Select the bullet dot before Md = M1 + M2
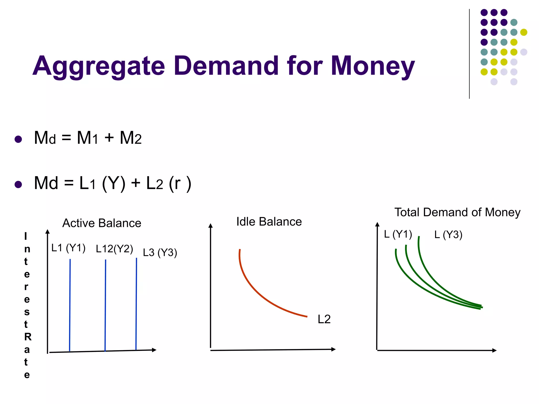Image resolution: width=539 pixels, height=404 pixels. (18, 139)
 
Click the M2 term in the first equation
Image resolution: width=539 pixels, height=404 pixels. (131, 138)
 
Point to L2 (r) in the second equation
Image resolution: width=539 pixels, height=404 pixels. (168, 183)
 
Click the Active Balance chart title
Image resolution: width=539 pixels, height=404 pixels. (102, 223)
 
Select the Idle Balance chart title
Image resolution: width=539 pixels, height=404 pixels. (269, 222)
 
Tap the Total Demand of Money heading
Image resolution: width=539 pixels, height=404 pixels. (457, 212)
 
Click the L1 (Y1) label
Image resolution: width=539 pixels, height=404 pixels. (68, 248)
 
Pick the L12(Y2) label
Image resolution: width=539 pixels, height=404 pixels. (114, 249)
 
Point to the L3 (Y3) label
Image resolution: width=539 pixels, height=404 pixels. (160, 252)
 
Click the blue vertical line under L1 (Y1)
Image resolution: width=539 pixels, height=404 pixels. (70, 305)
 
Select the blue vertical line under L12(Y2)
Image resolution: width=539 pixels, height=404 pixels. (105, 305)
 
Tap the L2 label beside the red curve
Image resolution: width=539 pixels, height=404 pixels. (324, 319)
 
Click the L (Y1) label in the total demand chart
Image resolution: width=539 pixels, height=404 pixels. (398, 234)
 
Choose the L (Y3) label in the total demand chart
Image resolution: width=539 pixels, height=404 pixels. (448, 235)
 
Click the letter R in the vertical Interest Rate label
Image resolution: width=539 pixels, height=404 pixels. (28, 337)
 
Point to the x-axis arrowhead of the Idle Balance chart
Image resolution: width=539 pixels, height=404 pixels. (333, 349)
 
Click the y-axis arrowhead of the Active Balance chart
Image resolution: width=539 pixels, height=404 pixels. (47, 231)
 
